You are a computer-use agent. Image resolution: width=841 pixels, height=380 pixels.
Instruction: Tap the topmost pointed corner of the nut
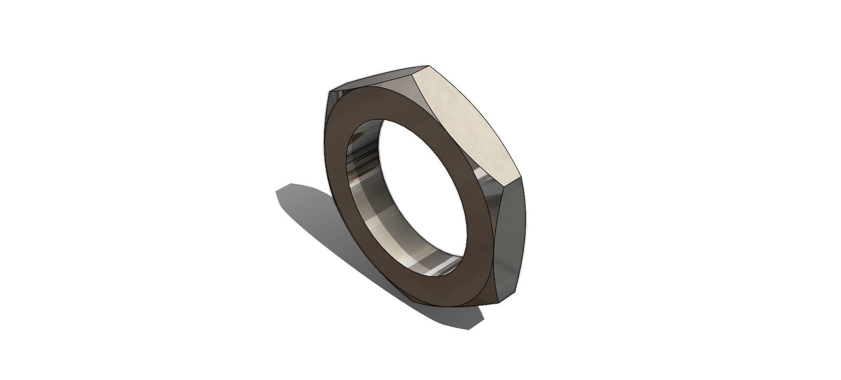click(428, 66)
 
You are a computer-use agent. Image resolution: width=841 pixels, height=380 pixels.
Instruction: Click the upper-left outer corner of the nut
click(330, 92)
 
